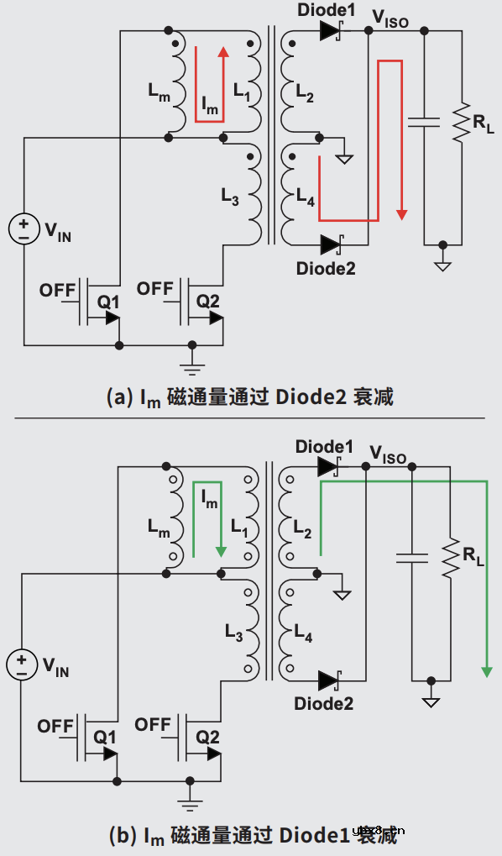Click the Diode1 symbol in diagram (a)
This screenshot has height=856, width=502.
click(x=329, y=31)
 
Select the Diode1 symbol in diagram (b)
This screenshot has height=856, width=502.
click(x=327, y=467)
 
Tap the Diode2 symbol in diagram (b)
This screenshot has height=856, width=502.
click(x=328, y=680)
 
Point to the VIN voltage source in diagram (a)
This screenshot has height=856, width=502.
click(x=24, y=229)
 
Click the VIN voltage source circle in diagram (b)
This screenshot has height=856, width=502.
click(x=22, y=664)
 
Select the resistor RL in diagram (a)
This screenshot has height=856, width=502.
click(x=460, y=123)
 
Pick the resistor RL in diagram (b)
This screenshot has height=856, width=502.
click(x=451, y=558)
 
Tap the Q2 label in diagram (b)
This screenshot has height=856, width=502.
click(x=207, y=736)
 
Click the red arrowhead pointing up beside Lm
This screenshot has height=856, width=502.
click(x=223, y=53)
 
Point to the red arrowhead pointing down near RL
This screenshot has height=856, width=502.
click(x=401, y=214)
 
